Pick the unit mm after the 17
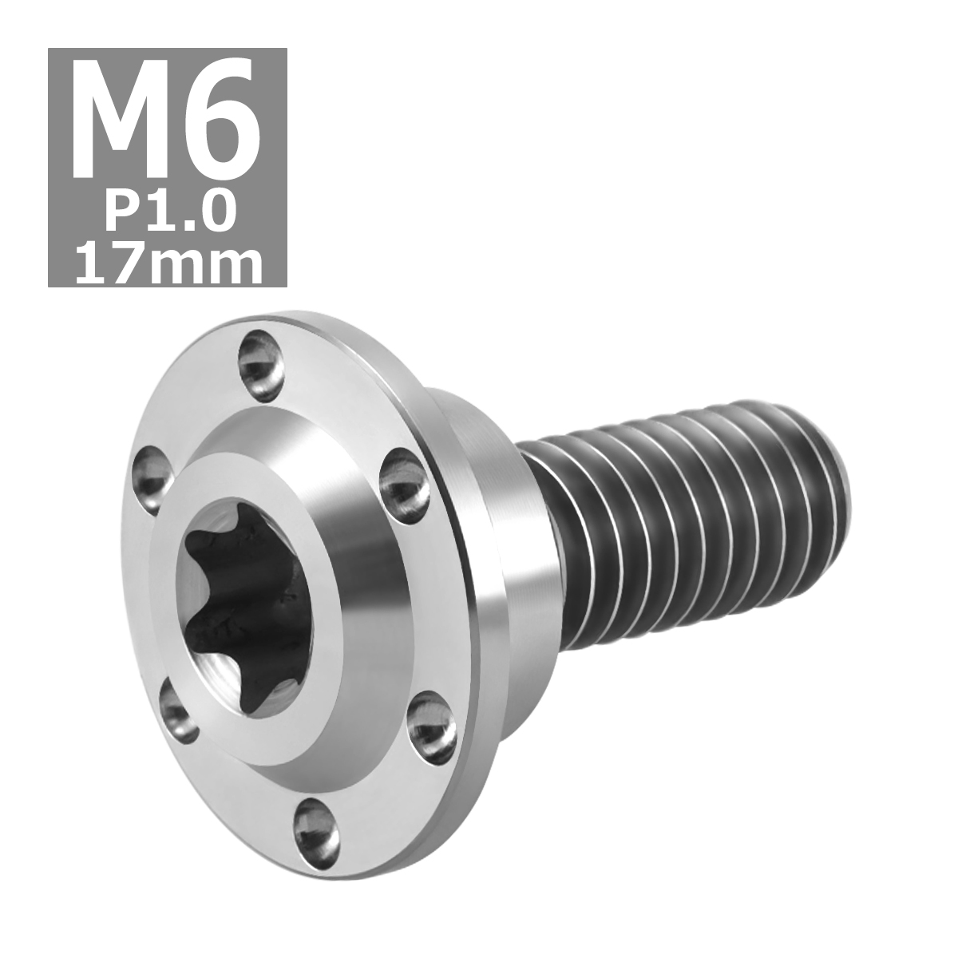pyautogui.click(x=209, y=263)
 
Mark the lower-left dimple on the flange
pyautogui.click(x=180, y=703)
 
